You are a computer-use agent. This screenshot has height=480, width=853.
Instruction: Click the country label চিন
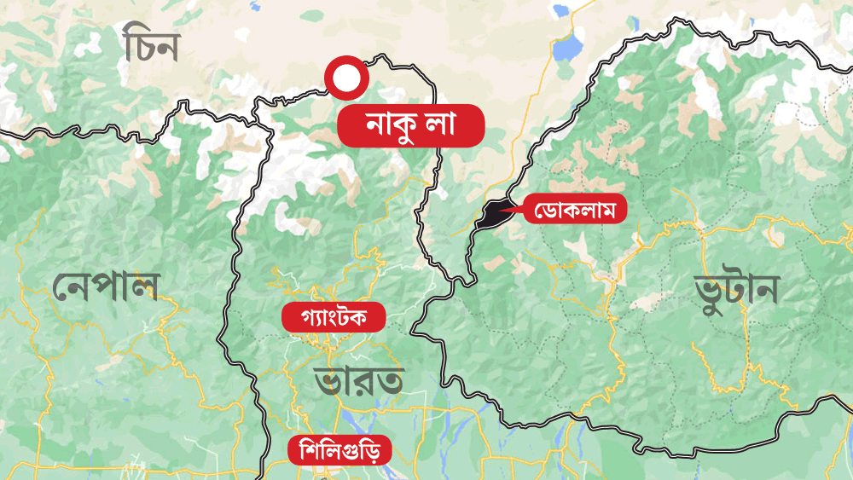(150, 46)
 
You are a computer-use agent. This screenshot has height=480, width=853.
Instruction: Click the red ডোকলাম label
(575, 208)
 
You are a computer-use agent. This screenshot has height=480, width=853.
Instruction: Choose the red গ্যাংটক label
(334, 318)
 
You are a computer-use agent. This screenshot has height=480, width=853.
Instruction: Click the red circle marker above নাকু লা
(346, 78)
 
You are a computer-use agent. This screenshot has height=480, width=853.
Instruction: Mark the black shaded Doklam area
(490, 216)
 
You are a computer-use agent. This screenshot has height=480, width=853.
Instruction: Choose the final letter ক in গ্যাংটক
(368, 318)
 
